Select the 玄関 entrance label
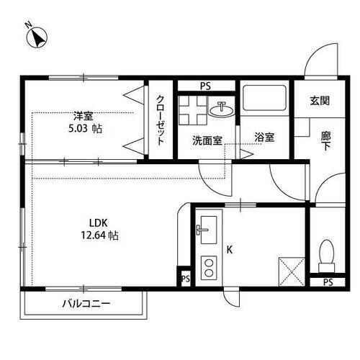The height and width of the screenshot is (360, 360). [x=320, y=101]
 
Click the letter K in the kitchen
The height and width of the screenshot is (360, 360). [x=230, y=250]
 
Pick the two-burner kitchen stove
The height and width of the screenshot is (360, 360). [x=208, y=267]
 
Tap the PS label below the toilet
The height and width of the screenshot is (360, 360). [x=328, y=282]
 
